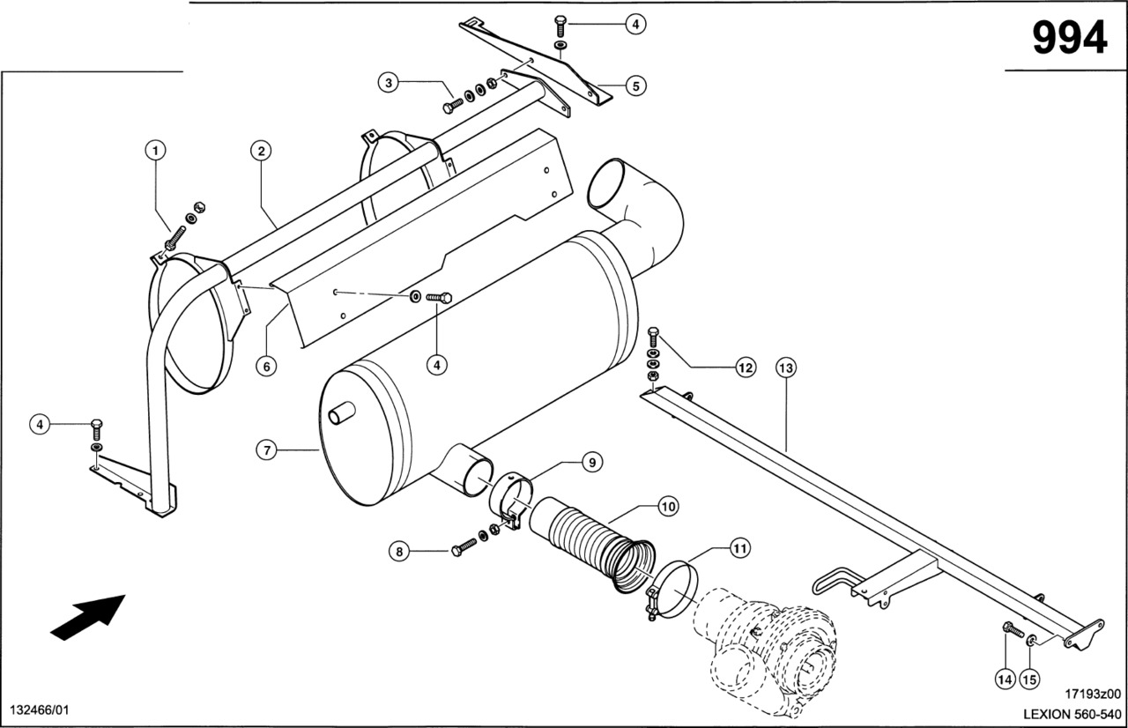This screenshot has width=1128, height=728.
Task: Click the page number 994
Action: (1069, 37)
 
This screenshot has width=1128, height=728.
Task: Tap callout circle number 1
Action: (156, 151)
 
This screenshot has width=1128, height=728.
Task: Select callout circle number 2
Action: (260, 151)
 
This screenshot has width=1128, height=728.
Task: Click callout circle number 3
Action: (389, 84)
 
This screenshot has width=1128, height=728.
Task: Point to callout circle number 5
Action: (635, 85)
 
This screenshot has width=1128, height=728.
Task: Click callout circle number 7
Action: (267, 450)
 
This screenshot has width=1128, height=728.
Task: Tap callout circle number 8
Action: (399, 552)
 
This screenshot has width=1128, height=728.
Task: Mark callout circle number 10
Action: (668, 507)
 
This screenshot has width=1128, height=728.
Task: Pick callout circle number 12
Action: (746, 368)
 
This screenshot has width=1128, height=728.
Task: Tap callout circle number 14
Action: (1006, 679)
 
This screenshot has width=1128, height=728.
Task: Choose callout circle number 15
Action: (1029, 679)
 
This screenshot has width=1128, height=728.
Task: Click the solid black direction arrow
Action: (88, 614)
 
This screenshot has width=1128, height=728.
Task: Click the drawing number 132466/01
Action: (39, 710)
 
